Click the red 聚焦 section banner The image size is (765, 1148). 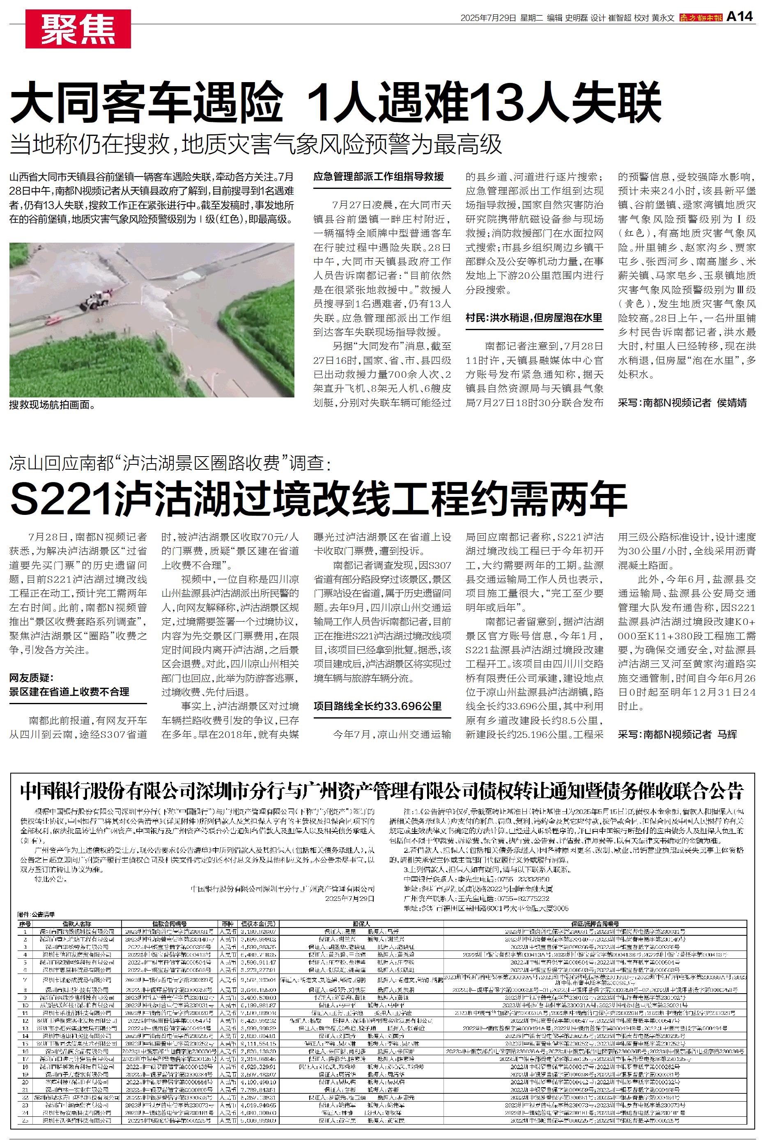(x=78, y=29)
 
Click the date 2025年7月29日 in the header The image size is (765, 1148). (x=488, y=18)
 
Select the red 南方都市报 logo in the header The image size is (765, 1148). (x=701, y=18)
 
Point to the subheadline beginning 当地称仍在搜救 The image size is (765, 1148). (x=256, y=145)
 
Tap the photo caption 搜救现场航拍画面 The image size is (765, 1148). (x=52, y=405)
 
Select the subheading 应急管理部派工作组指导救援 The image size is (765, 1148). (x=379, y=177)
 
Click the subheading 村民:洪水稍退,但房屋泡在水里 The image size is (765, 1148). (x=534, y=317)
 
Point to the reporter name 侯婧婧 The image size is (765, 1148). (x=732, y=403)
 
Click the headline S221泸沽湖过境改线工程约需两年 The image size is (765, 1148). (x=318, y=498)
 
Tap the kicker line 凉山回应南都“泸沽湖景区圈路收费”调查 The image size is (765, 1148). (x=170, y=463)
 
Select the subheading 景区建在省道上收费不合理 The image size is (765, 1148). (x=69, y=691)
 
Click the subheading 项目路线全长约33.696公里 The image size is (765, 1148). (x=378, y=706)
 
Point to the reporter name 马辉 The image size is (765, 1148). (x=727, y=735)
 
